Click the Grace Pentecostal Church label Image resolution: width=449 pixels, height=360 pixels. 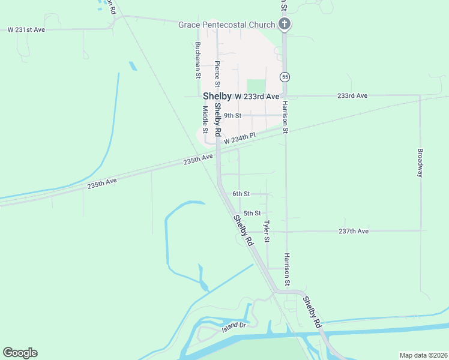[226, 25]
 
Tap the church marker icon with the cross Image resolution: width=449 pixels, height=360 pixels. [285, 25]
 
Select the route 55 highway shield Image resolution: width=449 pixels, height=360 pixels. [285, 77]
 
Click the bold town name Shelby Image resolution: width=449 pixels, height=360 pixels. [217, 96]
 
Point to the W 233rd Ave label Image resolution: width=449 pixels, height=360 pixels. [257, 97]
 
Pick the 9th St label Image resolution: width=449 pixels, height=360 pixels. [232, 115]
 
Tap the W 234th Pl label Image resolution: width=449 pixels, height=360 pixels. [240, 139]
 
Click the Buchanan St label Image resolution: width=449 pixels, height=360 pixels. [197, 61]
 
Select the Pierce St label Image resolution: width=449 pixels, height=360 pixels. [217, 74]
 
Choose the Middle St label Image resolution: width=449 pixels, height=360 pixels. [205, 119]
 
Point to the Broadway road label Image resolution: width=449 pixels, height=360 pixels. [420, 163]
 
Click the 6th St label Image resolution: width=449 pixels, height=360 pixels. [241, 194]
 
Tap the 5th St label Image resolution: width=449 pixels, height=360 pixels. [252, 213]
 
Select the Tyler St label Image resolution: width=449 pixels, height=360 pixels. [267, 231]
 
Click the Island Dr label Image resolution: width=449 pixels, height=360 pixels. [234, 326]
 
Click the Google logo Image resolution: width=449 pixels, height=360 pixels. [20, 353]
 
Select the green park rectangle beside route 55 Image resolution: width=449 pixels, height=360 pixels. [256, 87]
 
